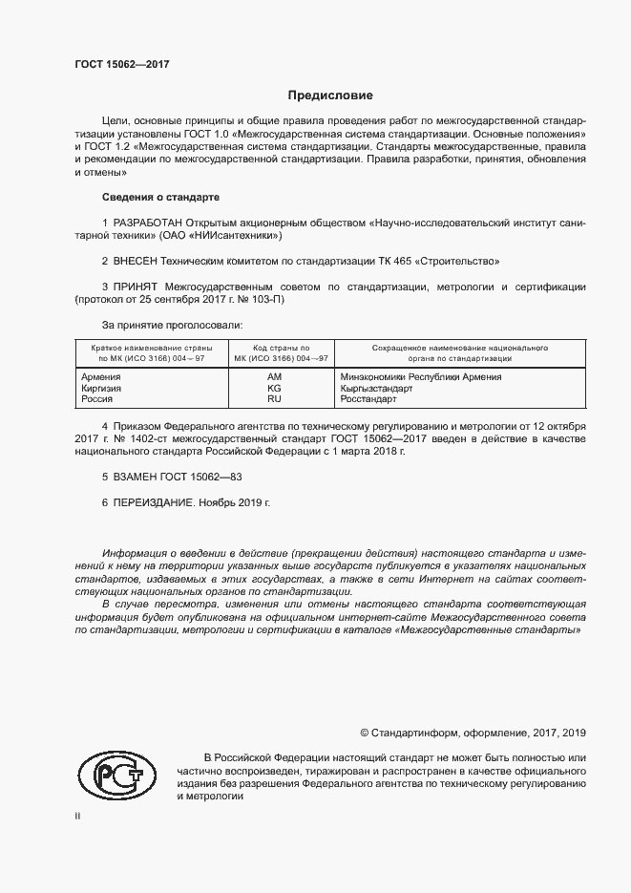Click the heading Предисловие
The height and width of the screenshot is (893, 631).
(331, 96)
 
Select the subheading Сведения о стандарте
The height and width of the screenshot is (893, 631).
(160, 198)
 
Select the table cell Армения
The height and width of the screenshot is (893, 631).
(102, 377)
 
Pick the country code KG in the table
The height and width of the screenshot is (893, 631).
(274, 389)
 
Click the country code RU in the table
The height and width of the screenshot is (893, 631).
(274, 399)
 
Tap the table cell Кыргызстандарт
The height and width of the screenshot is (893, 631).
(376, 389)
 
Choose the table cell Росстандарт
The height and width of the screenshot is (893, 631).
(368, 399)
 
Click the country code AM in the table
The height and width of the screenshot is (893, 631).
(274, 377)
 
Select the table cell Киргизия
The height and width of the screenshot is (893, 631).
(104, 389)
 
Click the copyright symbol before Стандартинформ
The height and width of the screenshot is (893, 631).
(365, 733)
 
